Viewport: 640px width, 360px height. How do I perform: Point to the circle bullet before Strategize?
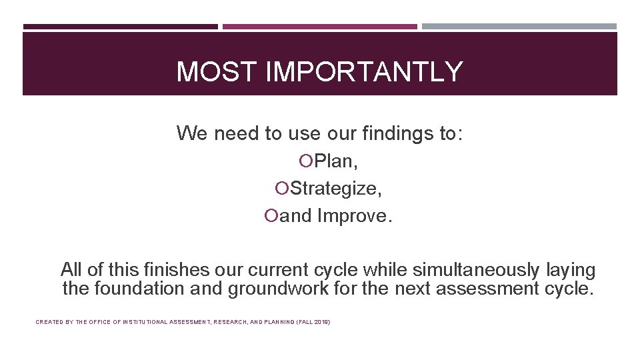pyautogui.click(x=282, y=189)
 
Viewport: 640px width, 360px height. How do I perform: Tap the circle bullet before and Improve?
pyautogui.click(x=271, y=216)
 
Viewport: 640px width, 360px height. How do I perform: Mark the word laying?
pyautogui.click(x=571, y=270)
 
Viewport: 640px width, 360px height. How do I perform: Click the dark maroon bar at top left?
pyautogui.click(x=120, y=27)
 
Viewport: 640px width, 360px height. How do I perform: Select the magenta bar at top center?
pyautogui.click(x=319, y=27)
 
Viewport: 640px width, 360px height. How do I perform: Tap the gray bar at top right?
pyautogui.click(x=519, y=27)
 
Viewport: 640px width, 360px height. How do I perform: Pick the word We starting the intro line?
pyautogui.click(x=192, y=133)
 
